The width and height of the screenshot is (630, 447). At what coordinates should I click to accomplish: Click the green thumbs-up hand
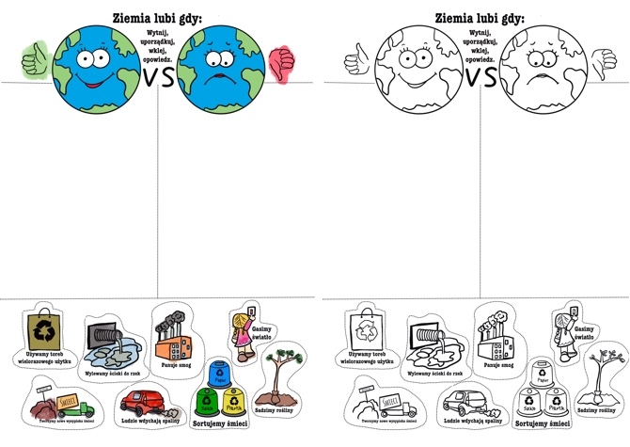pos(36,59)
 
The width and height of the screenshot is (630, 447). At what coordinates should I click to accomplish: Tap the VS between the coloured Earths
pos(159,77)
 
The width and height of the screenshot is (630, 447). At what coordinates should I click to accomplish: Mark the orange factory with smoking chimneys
pos(173,329)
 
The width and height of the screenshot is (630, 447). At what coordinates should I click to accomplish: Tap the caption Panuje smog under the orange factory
pos(179,362)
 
